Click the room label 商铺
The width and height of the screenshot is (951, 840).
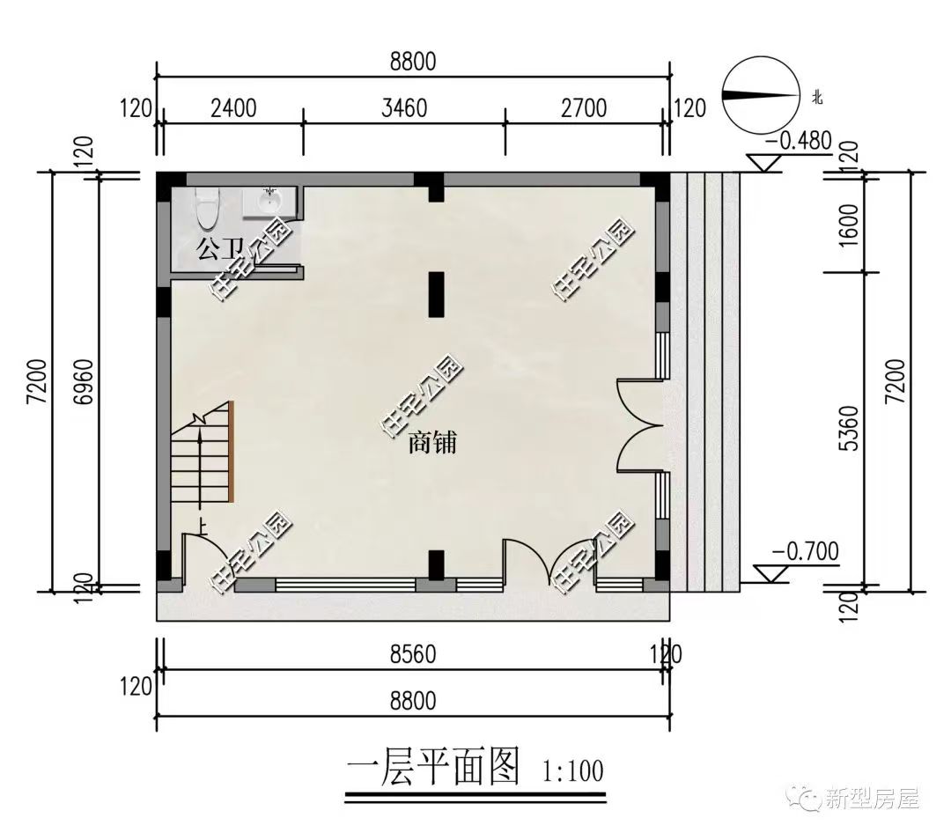[431, 443]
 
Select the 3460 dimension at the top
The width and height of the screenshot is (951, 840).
[405, 108]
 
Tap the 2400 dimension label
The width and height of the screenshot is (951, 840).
[233, 108]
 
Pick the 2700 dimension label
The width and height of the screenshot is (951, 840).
[584, 108]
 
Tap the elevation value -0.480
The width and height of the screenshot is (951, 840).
[799, 141]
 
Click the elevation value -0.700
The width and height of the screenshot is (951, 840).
[805, 552]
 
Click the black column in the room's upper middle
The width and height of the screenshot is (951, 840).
[435, 294]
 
